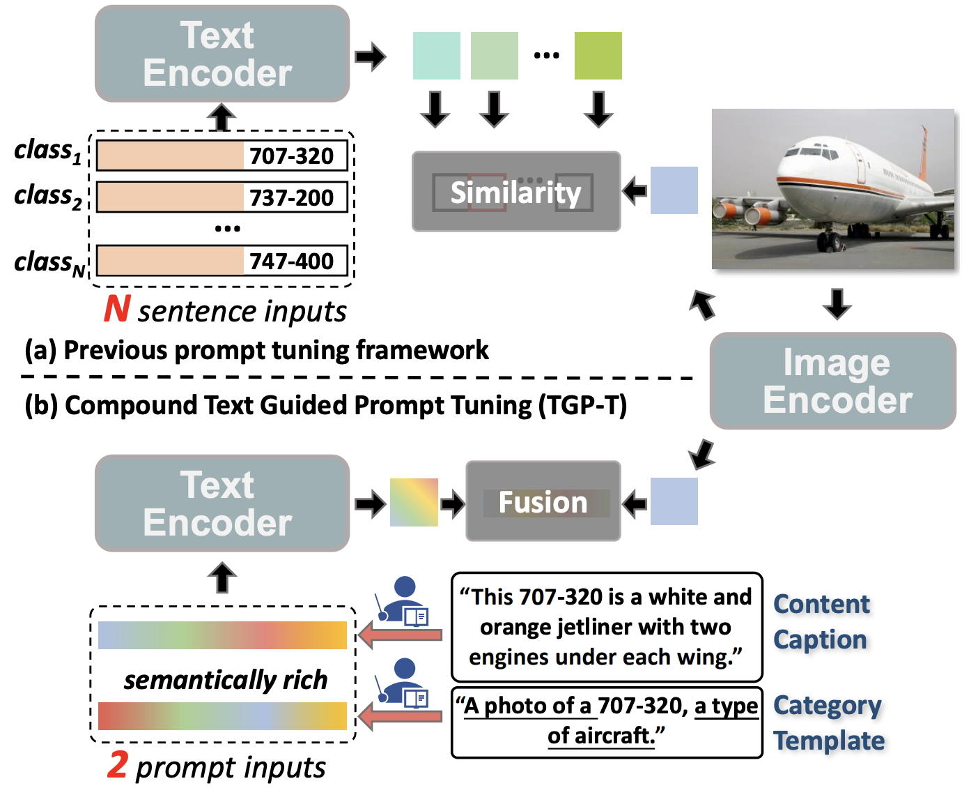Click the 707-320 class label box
[222, 156]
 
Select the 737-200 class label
[222, 197]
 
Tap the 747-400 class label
[222, 261]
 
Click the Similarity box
[516, 192]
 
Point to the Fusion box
[543, 501]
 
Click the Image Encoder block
[833, 381]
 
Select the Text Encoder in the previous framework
[222, 54]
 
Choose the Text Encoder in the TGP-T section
[222, 503]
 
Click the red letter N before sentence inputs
[117, 309]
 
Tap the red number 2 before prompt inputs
[118, 764]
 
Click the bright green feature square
[598, 56]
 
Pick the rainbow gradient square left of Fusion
[414, 502]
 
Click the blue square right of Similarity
[674, 190]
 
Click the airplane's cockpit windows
[814, 151]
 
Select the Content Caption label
[822, 621]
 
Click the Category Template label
[829, 723]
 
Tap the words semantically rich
[226, 680]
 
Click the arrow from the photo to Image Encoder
[837, 303]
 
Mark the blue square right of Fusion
[674, 501]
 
